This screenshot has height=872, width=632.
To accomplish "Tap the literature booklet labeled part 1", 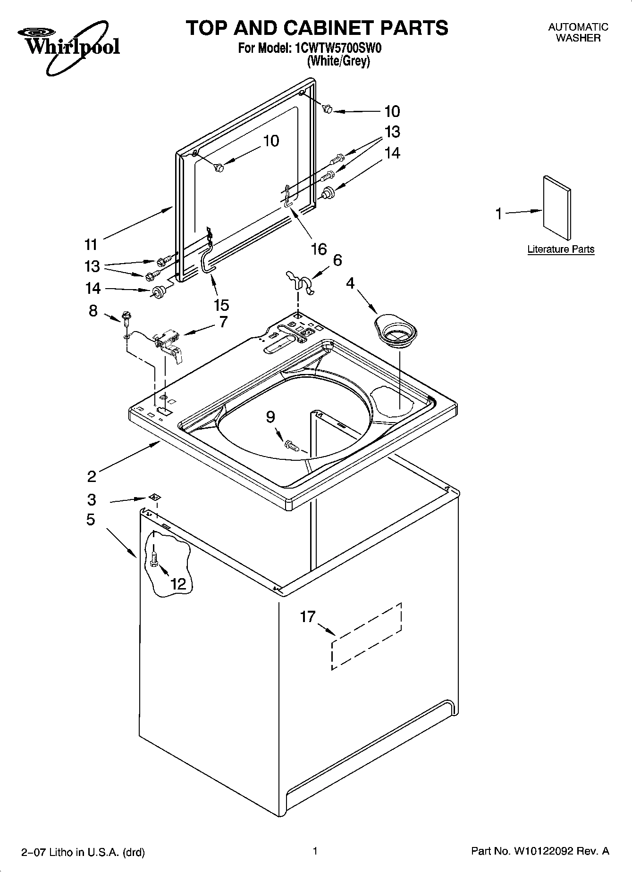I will point(556,208).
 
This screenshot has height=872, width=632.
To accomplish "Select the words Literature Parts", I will point(561,249).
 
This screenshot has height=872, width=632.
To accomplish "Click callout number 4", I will point(350,283).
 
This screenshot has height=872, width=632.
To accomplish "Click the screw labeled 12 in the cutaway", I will point(153,560).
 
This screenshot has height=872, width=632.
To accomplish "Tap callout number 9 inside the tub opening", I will point(270,416).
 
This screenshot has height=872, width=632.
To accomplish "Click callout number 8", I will point(93,310).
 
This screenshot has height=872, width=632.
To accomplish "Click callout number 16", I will point(319,249).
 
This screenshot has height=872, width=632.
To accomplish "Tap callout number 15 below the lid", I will point(221,305).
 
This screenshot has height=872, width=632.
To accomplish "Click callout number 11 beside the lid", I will point(91,244).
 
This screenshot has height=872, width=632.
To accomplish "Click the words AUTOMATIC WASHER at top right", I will point(578,33).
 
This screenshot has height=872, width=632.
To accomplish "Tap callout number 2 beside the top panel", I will point(92,476).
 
